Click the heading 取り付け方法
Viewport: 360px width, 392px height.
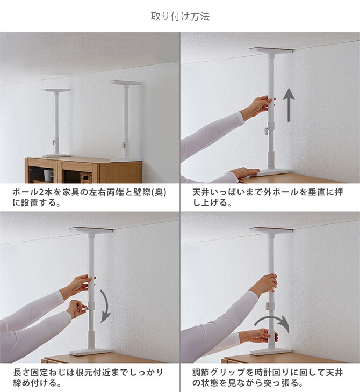coord(180,16)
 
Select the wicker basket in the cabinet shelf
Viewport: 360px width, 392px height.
coord(86,177)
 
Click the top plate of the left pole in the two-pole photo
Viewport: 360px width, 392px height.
coord(57,90)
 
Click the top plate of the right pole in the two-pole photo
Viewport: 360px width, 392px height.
coord(126,82)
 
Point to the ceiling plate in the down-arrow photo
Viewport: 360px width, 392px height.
coord(91,230)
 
